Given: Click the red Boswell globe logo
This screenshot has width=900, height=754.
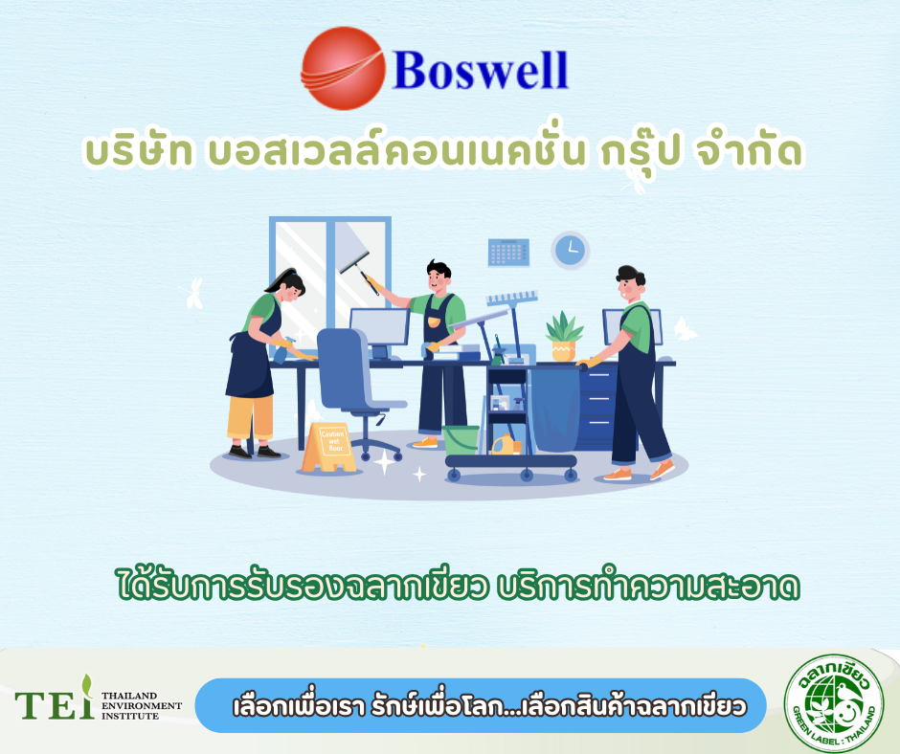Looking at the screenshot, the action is (343, 68).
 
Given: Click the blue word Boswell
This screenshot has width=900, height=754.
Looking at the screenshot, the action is (481, 70).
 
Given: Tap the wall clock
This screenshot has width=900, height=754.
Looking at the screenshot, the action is (571, 250).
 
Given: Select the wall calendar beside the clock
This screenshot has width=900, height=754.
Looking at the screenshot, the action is (508, 253).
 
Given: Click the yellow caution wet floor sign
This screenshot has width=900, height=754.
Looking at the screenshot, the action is (330, 448).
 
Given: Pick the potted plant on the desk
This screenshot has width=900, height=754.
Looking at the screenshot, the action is (564, 336).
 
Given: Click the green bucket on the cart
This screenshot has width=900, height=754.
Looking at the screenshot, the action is (461, 440).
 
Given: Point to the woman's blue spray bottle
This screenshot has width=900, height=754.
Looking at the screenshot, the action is (281, 354).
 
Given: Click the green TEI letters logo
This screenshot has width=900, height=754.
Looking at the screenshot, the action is (55, 699).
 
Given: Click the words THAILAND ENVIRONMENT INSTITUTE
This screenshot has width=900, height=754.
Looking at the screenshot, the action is (141, 706).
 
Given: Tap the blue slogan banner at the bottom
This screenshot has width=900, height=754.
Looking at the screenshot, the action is (481, 706).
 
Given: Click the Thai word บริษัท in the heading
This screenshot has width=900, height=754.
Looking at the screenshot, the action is (139, 150).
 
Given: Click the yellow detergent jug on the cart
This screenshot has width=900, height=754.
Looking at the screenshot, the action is (504, 444).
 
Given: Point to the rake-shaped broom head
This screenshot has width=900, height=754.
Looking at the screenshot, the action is (511, 299).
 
